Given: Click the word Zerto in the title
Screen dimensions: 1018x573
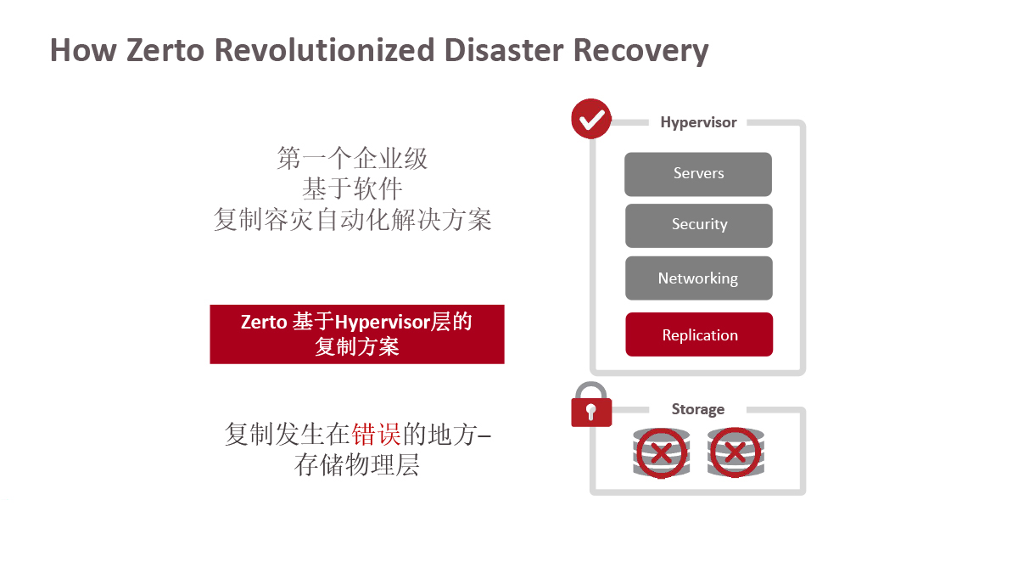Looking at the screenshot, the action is tap(165, 50).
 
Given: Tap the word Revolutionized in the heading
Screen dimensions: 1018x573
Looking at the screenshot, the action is tap(324, 50).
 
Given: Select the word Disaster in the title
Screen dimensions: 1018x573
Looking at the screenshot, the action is tap(504, 50).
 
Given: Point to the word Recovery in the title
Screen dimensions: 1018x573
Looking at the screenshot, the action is tap(641, 51).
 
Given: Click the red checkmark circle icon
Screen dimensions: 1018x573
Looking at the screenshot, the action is tap(591, 119).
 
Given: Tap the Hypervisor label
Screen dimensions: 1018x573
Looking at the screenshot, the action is tap(698, 123).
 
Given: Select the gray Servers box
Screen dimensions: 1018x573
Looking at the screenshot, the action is tap(698, 174).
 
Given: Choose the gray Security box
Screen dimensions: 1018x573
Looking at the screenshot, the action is tap(699, 226).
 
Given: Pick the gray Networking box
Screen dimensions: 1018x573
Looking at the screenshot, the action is tap(699, 278).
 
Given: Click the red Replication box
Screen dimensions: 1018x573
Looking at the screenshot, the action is tap(699, 334).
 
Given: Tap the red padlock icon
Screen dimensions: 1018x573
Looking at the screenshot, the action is tap(591, 405).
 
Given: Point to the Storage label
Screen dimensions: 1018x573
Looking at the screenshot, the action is tap(698, 409).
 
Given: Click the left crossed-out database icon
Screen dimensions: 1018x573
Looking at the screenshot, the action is tap(661, 453).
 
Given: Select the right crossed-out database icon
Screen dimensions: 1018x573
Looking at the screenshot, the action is tap(736, 452).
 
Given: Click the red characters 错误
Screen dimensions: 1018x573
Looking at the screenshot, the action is tap(377, 434).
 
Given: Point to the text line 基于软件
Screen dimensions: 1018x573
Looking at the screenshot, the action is tap(352, 188).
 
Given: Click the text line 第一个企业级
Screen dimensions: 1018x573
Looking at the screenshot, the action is tap(352, 158).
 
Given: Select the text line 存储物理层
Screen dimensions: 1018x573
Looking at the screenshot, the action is tap(357, 465).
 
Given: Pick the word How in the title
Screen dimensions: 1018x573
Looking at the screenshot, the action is tap(83, 50).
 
